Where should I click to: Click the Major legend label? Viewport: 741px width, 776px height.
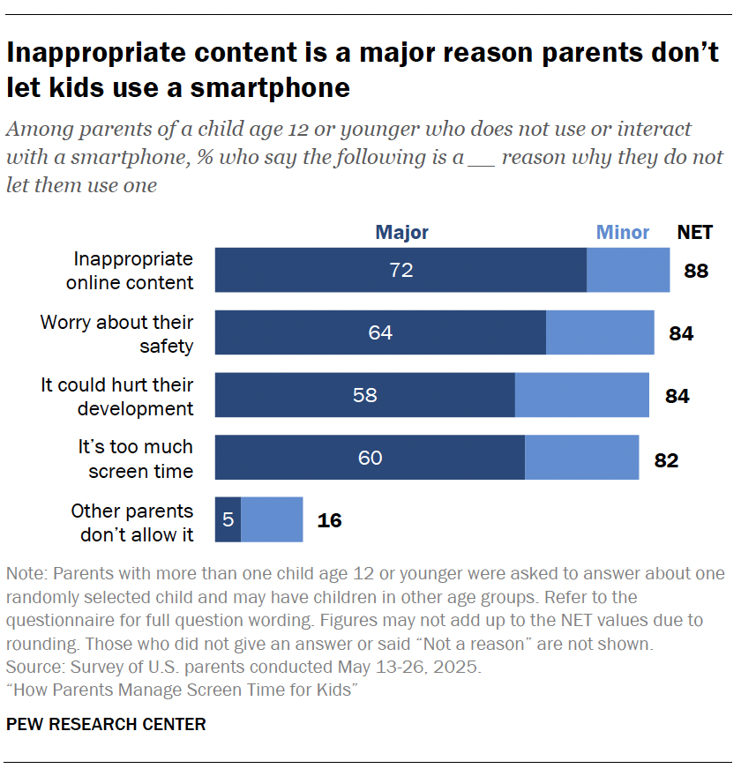[401, 233]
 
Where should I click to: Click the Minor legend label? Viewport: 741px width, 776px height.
[623, 233]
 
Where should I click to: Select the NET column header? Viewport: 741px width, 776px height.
[695, 233]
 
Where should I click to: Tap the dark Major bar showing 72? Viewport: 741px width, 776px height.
[400, 270]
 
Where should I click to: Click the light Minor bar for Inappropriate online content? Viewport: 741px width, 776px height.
[628, 270]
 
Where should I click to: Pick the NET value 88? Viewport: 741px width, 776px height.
[696, 271]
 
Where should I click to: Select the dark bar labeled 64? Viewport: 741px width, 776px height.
[380, 332]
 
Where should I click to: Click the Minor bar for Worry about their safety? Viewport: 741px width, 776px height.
[600, 332]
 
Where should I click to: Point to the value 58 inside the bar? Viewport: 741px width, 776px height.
[364, 395]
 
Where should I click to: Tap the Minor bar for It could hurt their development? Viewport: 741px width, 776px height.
[581, 395]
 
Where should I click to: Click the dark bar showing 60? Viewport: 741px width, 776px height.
[370, 458]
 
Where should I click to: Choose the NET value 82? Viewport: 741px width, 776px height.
[666, 459]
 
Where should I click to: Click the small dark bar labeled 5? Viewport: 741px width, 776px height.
[228, 520]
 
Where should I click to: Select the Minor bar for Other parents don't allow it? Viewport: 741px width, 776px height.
[272, 520]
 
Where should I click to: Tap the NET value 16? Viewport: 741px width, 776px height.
[329, 521]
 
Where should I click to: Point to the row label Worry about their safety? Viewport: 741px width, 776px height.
[116, 333]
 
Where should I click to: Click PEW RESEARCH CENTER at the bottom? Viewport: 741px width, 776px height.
[106, 725]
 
